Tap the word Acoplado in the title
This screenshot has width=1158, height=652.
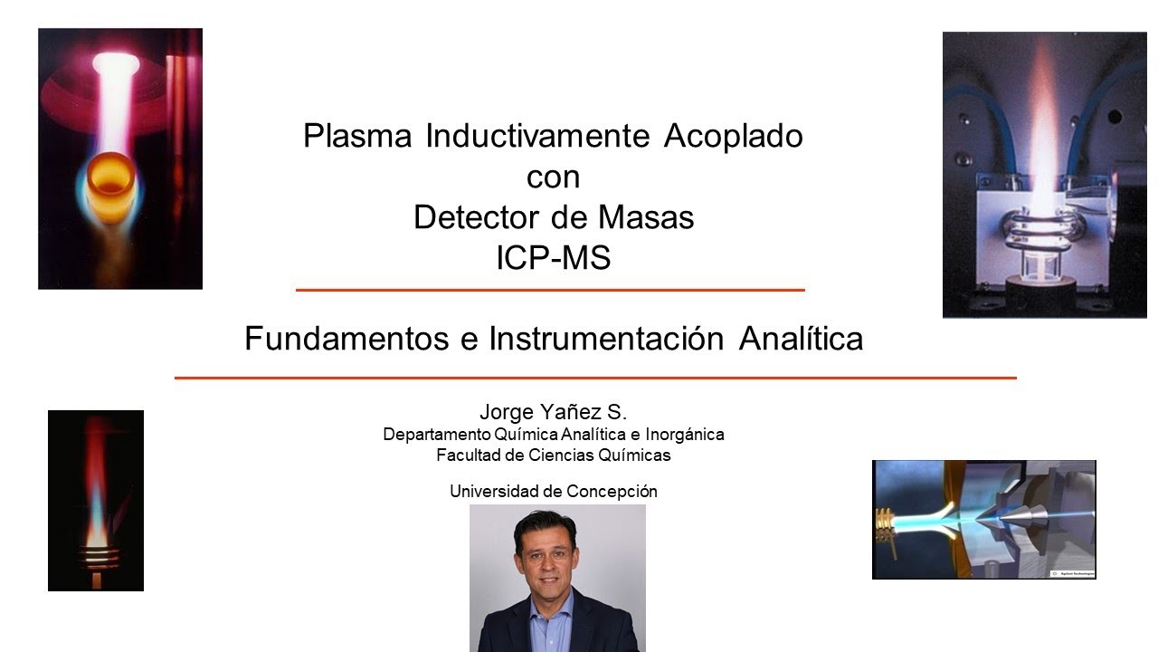(733, 137)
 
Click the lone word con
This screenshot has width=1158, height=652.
(553, 177)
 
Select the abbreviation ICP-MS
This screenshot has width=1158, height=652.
(553, 259)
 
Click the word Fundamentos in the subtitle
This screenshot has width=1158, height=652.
(346, 339)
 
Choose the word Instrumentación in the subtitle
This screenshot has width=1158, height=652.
(606, 339)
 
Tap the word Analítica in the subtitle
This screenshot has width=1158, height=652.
(801, 339)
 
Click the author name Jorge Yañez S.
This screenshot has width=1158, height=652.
(553, 413)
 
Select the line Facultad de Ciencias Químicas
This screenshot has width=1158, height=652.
(553, 455)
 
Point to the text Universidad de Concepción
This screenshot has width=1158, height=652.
(553, 492)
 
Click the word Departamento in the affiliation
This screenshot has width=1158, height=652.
(437, 435)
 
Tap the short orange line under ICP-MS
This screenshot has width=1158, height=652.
(550, 290)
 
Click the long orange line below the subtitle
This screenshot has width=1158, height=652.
(595, 378)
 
